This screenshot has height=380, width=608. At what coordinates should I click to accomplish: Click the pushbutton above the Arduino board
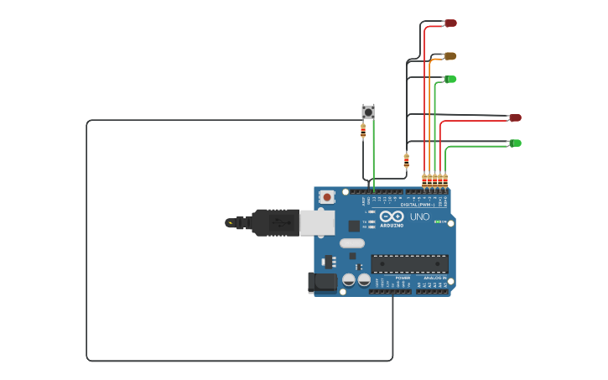[368, 111]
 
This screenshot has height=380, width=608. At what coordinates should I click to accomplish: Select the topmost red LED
[450, 23]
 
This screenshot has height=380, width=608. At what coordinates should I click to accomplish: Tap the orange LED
[450, 56]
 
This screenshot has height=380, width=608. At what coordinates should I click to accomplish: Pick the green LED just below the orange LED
[450, 79]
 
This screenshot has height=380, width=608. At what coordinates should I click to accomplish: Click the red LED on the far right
[515, 117]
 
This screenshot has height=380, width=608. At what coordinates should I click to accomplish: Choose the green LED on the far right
[515, 143]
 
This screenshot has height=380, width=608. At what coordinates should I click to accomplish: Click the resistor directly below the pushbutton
[363, 130]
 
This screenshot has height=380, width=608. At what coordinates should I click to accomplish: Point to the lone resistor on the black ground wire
[407, 159]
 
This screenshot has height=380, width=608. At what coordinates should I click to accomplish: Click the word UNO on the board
[419, 216]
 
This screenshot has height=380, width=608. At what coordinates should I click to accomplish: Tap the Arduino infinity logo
[392, 216]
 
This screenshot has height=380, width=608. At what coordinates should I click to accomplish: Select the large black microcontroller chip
[409, 263]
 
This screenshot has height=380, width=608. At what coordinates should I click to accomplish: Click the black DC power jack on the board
[322, 283]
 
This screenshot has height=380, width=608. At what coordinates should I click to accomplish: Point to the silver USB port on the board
[317, 222]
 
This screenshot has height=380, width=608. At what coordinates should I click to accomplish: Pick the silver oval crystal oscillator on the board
[352, 243]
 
